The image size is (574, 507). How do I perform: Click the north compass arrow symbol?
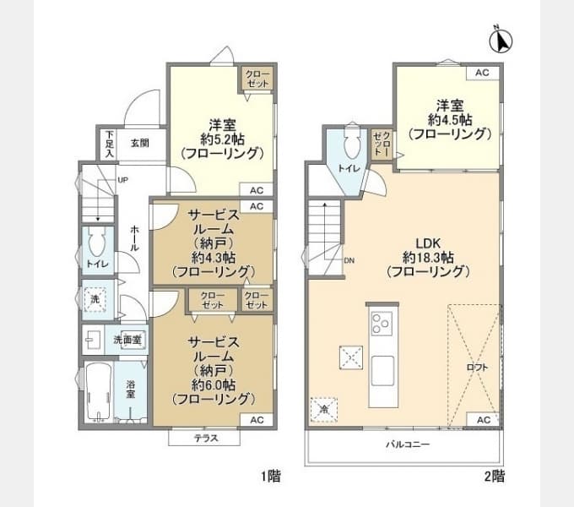501,40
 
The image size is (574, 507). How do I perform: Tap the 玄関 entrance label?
140,144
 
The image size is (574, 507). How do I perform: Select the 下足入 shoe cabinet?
109,144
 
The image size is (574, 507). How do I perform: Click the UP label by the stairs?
123,180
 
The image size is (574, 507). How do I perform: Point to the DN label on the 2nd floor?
349,260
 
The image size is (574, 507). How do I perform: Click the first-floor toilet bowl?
97,243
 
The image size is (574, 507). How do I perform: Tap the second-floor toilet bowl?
352,141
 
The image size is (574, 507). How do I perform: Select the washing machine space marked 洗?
95,299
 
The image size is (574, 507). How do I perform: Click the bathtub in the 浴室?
99,391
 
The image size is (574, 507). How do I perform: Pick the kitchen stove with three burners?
382,324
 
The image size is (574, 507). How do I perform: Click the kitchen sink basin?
383,370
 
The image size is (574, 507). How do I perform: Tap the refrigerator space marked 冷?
323,410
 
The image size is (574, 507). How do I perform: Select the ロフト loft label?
478,367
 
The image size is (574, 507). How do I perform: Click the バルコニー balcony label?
408,444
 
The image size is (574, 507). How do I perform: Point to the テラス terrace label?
206,438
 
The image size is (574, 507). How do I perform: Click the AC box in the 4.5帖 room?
483,73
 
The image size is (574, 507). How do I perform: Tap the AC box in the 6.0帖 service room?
257,420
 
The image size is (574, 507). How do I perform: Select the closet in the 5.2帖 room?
257,79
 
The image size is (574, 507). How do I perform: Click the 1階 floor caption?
271,477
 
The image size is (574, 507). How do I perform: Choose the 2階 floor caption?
495,477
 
